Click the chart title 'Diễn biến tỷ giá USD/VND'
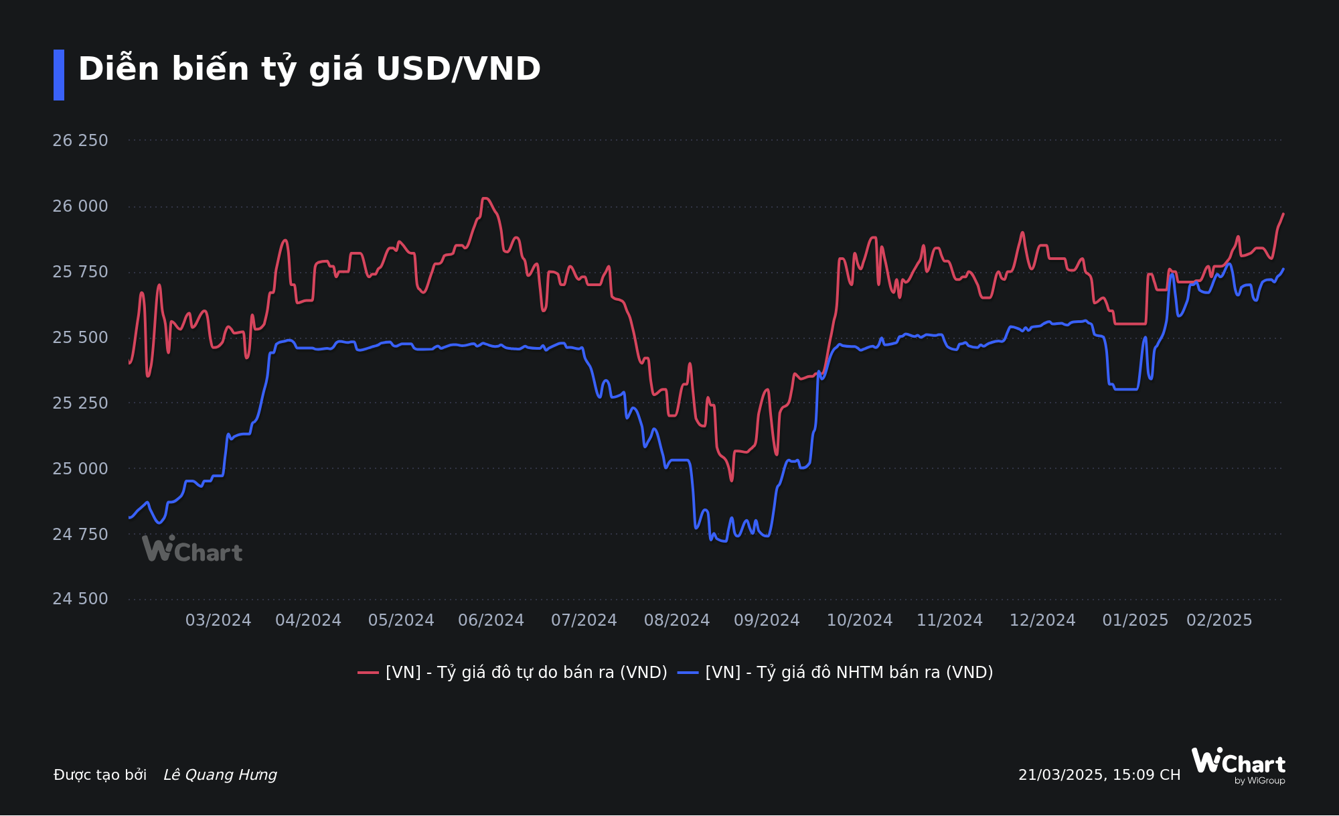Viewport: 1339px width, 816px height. pyautogui.click(x=309, y=69)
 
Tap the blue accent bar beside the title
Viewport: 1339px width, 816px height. pyautogui.click(x=59, y=75)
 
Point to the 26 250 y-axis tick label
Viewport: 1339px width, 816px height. pyautogui.click(x=80, y=141)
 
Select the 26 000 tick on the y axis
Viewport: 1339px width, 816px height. pyautogui.click(x=80, y=206)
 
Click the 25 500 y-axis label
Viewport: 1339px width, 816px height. pyautogui.click(x=80, y=338)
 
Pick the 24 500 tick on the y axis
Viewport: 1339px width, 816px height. pyautogui.click(x=80, y=599)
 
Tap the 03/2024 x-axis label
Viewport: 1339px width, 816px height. pyautogui.click(x=218, y=620)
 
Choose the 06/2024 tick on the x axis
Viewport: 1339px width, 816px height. pyautogui.click(x=491, y=620)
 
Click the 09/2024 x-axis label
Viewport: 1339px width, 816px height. pyautogui.click(x=767, y=620)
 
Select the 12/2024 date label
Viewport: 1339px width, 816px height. pyautogui.click(x=1042, y=620)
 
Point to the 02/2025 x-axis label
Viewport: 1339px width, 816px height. pyautogui.click(x=1219, y=620)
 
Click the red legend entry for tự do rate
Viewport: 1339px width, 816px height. pyautogui.click(x=513, y=673)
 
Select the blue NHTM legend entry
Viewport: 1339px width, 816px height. pyautogui.click(x=836, y=673)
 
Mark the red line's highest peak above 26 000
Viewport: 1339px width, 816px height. pyautogui.click(x=485, y=198)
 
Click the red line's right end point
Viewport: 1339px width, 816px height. pyautogui.click(x=1283, y=214)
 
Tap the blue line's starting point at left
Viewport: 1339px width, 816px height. pyautogui.click(x=129, y=517)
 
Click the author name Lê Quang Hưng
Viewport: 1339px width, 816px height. pyautogui.click(x=220, y=775)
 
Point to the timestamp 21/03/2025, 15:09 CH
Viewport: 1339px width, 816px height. pyautogui.click(x=1099, y=775)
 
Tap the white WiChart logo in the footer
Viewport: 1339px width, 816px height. pyautogui.click(x=1239, y=764)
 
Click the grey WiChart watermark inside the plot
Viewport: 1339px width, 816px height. pyautogui.click(x=192, y=549)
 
